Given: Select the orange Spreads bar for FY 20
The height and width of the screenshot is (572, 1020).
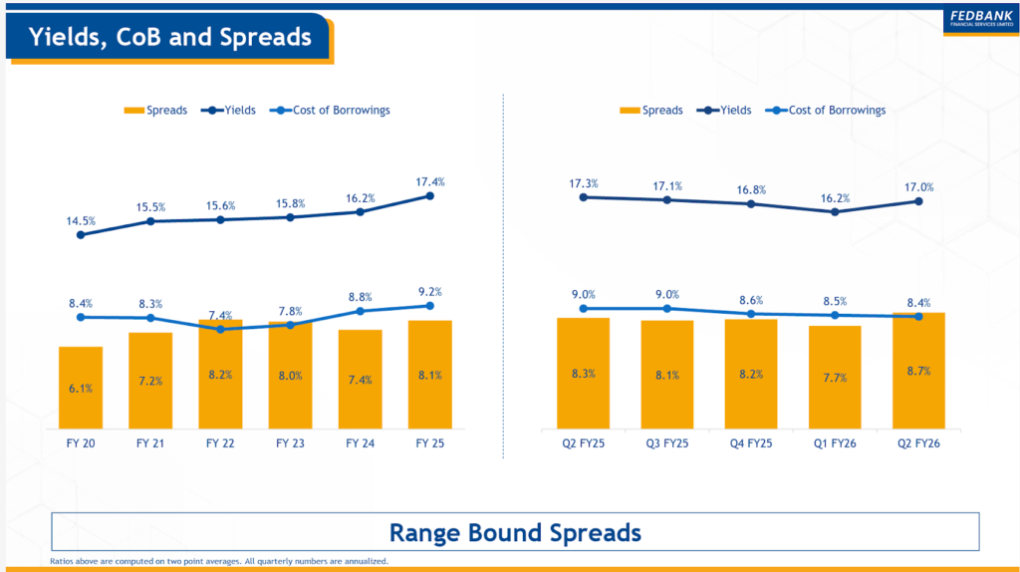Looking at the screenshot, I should click(x=81, y=388).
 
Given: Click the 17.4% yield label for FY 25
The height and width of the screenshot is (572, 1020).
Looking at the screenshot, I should click(x=430, y=181).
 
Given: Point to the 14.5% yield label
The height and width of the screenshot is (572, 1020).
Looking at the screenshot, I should click(x=81, y=220).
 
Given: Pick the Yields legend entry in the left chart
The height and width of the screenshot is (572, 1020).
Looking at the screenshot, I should click(x=228, y=110).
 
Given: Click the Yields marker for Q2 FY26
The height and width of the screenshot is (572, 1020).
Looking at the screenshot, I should click(x=918, y=201).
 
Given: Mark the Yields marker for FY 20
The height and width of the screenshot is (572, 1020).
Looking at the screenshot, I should click(x=81, y=235).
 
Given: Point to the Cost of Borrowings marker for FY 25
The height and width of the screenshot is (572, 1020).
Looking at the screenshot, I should click(x=430, y=306).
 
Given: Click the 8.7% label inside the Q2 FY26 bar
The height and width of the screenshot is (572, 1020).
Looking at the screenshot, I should click(x=918, y=372).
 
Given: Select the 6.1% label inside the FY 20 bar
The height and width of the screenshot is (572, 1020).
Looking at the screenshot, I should click(x=81, y=389).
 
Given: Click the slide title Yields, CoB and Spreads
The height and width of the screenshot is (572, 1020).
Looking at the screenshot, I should click(x=169, y=38).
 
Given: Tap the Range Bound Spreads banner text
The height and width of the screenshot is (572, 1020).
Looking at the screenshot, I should click(x=515, y=532).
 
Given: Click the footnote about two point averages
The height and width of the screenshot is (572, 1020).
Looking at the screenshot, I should click(x=218, y=561).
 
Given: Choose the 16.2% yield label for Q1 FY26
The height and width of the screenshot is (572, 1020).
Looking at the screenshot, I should click(x=835, y=197).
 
